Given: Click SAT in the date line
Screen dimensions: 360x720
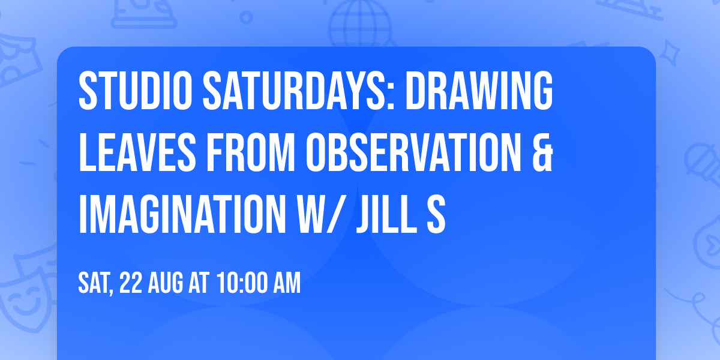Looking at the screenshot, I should click(x=95, y=284).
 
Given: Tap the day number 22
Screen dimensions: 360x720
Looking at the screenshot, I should click(x=131, y=284).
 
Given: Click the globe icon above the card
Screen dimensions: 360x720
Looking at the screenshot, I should click(x=359, y=24).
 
